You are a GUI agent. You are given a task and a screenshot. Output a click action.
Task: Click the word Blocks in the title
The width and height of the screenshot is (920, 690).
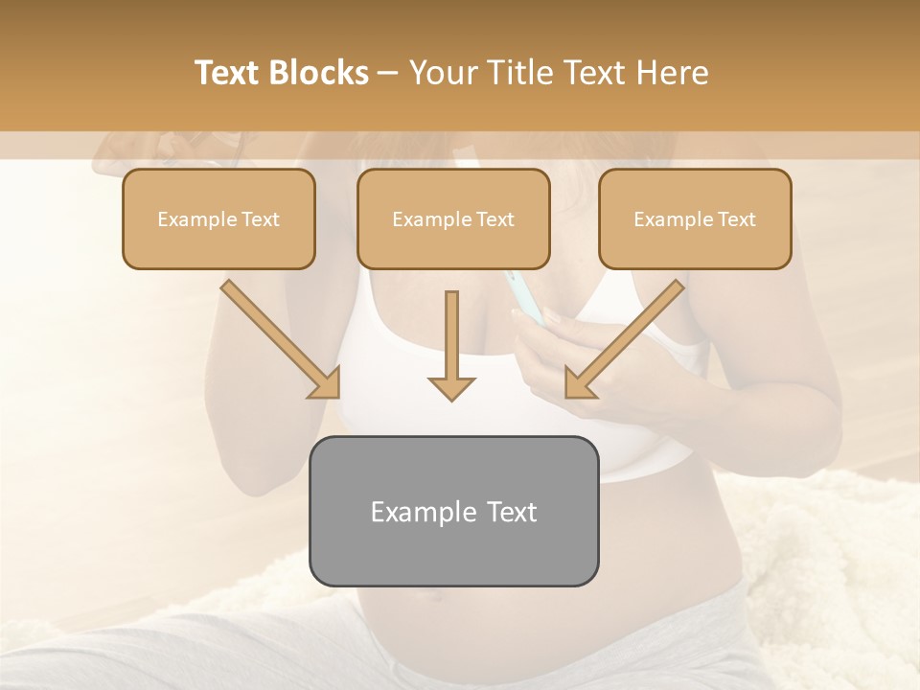pos(318,73)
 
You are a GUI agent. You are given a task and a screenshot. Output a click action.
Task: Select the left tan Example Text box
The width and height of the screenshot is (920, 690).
pos(218,218)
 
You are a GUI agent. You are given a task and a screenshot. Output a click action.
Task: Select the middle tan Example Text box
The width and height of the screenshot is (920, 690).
pos(453,218)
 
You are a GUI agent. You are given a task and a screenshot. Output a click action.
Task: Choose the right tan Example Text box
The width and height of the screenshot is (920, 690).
pos(695,218)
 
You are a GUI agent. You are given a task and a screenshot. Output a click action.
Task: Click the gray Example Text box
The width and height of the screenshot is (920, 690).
pos(453,511)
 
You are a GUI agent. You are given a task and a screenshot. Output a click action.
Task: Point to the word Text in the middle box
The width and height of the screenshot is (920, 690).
pos(495,219)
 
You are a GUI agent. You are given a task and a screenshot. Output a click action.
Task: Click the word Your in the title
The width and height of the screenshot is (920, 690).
pos(442,73)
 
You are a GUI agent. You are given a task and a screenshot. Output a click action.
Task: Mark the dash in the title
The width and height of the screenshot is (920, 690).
pos(388,74)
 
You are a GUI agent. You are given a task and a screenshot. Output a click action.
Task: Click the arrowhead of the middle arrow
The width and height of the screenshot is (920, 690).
pos(451,387)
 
